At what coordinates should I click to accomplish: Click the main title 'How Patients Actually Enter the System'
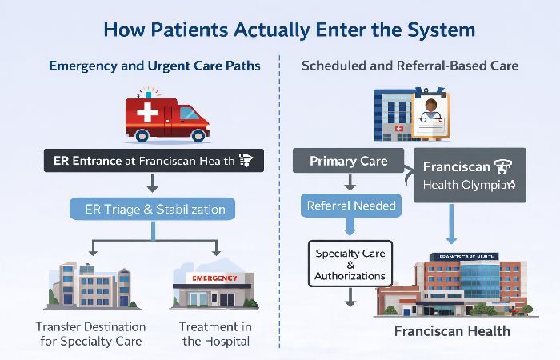[x=279, y=30]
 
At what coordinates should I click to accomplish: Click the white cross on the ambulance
[x=148, y=113]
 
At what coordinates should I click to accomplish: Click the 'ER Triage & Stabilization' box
[x=154, y=210]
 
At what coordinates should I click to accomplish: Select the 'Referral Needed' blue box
[x=350, y=206]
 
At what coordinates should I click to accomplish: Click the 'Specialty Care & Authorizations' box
[x=350, y=265]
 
